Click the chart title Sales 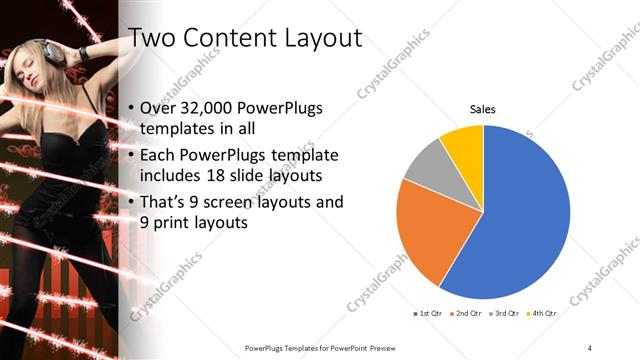pyautogui.click(x=483, y=109)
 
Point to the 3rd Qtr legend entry pyautogui.click(x=506, y=314)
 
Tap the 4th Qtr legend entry pyautogui.click(x=544, y=314)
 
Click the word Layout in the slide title pyautogui.click(x=314, y=38)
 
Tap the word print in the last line pyautogui.click(x=160, y=223)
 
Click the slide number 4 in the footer pyautogui.click(x=590, y=347)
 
